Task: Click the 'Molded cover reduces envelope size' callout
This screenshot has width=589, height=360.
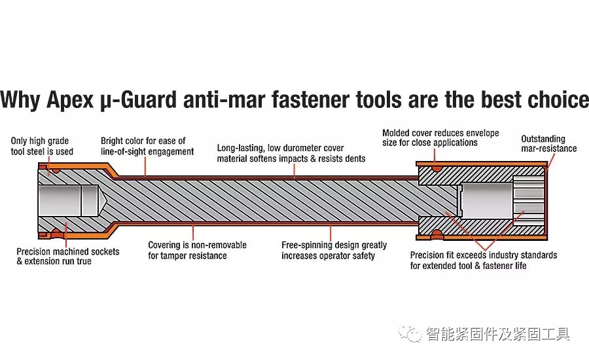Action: coord(440,137)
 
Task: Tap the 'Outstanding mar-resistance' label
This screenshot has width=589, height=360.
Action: coord(548,143)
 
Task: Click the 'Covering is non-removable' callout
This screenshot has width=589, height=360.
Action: coord(197,250)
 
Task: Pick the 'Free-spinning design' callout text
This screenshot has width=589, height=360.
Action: coord(334,250)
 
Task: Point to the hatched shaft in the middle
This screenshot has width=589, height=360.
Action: coord(281,196)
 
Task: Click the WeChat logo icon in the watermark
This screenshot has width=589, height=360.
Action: coord(412,334)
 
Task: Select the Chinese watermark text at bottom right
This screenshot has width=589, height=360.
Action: coord(497,334)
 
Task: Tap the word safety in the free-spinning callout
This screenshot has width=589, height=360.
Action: coord(361,255)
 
